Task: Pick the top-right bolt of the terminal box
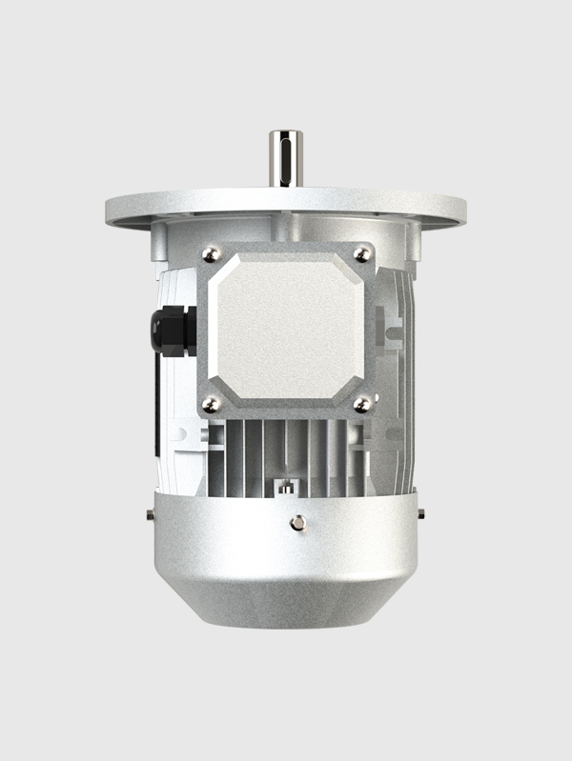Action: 361,253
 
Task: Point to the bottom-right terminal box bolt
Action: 361,405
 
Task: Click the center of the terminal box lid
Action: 286,330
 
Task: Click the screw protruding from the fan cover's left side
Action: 151,515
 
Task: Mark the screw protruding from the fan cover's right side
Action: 420,515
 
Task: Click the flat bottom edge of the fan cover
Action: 286,624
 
